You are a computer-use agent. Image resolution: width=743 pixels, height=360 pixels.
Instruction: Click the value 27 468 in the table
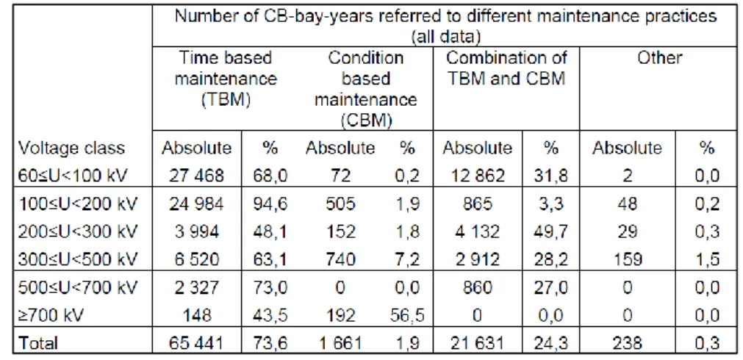pos(196,176)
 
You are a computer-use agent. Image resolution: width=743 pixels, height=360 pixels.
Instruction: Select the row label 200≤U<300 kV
pos(78,232)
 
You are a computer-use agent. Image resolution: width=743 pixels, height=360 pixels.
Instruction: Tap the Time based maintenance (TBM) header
pos(226,79)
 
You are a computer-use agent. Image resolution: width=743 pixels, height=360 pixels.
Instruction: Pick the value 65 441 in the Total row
pos(196,343)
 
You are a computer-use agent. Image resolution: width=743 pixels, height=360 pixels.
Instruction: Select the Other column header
pos(660,58)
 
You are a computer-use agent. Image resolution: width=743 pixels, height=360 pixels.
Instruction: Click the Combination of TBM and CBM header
pos(506,68)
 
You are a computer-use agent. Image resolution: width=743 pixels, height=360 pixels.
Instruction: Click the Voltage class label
pos(71,148)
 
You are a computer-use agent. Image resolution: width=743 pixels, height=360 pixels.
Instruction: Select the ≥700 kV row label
pos(50,315)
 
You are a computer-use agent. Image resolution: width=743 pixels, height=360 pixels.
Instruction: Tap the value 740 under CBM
pos(340,260)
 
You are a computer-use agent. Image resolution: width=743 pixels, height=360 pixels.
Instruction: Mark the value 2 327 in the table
pos(196,287)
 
